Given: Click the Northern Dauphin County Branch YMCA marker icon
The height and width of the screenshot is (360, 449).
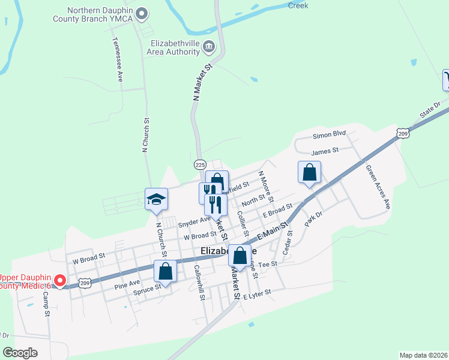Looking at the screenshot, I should (142, 12).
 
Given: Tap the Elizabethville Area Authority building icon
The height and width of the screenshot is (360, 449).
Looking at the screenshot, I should (209, 46).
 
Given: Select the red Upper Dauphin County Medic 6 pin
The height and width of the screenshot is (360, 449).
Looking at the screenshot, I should (60, 281).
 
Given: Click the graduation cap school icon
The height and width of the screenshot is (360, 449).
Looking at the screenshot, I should (156, 199).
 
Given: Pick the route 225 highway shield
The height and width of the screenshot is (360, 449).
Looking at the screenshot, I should (200, 164).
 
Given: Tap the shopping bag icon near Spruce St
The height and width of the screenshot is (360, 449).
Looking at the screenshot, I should (165, 271).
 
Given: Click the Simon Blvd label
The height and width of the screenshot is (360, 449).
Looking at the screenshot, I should (330, 135).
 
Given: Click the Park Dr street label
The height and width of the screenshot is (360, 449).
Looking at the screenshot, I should (314, 217).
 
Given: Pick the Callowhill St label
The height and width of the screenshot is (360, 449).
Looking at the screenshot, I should (200, 283).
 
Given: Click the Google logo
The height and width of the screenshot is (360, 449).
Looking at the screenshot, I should (20, 353).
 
